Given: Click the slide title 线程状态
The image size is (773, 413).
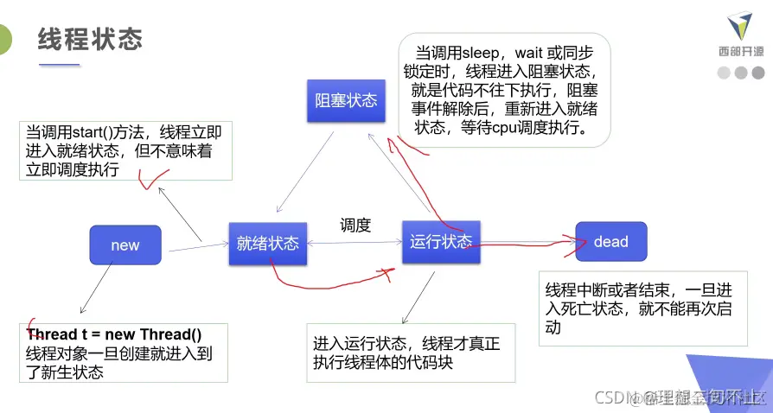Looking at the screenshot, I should coord(90,39).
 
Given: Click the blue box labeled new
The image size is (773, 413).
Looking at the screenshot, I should coord(125,245).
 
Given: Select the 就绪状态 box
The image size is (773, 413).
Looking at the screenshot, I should coord(268,243).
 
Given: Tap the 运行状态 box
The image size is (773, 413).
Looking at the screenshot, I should coord(441,241).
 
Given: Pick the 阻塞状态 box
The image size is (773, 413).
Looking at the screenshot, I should coord(346,100).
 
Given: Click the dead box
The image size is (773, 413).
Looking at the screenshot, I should coord(610,242).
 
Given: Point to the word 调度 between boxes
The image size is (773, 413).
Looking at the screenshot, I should coord(355,226).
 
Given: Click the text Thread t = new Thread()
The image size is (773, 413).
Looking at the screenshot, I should coord(114,335).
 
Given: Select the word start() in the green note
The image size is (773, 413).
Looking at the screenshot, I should coord(99,132).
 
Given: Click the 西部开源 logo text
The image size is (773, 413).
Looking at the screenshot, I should coord(741,51).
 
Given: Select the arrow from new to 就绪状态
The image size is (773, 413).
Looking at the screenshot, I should coord(199,249).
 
